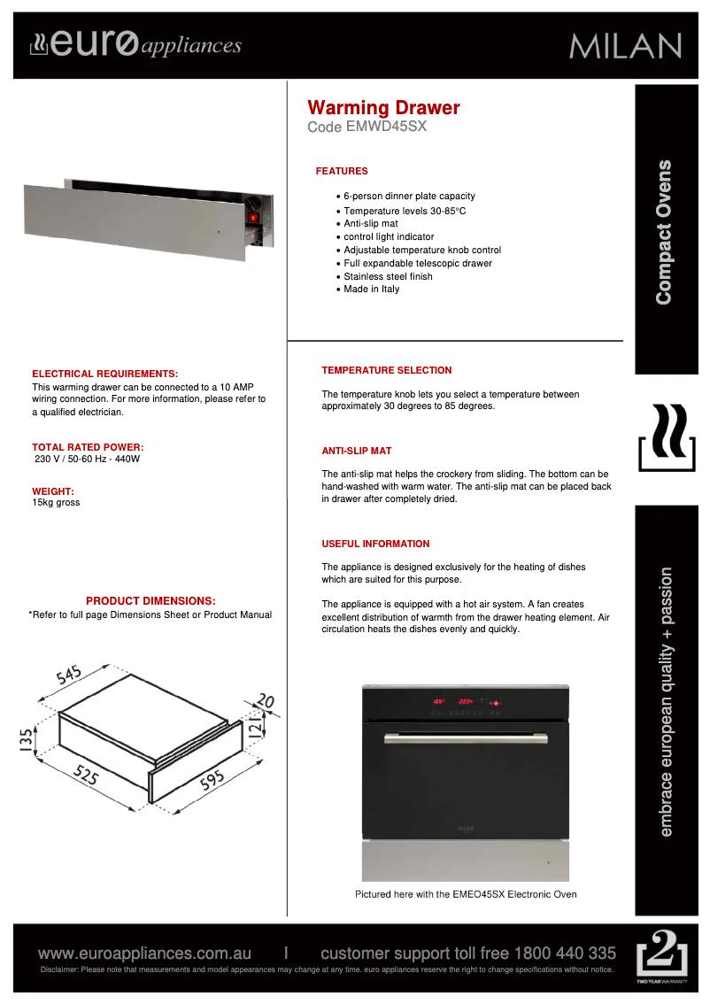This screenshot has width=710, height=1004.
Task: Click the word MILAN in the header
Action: point(626,46)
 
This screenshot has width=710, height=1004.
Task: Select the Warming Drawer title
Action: point(383,108)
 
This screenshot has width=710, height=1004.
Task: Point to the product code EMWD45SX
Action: point(386,127)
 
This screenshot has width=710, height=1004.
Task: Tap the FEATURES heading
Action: point(342,171)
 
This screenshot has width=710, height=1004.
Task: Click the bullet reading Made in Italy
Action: point(371,290)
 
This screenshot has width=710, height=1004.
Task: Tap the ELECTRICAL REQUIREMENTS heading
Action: point(104,375)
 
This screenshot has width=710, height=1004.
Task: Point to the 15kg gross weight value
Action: point(56,503)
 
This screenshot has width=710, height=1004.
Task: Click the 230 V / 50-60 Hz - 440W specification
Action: point(87,460)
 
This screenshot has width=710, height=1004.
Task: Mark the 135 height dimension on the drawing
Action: point(27,738)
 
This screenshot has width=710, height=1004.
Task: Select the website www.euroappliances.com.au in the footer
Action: point(144,954)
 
